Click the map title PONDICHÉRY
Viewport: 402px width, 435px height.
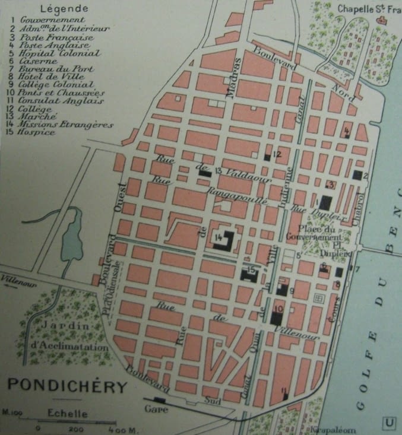[68, 387]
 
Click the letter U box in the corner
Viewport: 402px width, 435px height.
[390, 423]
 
